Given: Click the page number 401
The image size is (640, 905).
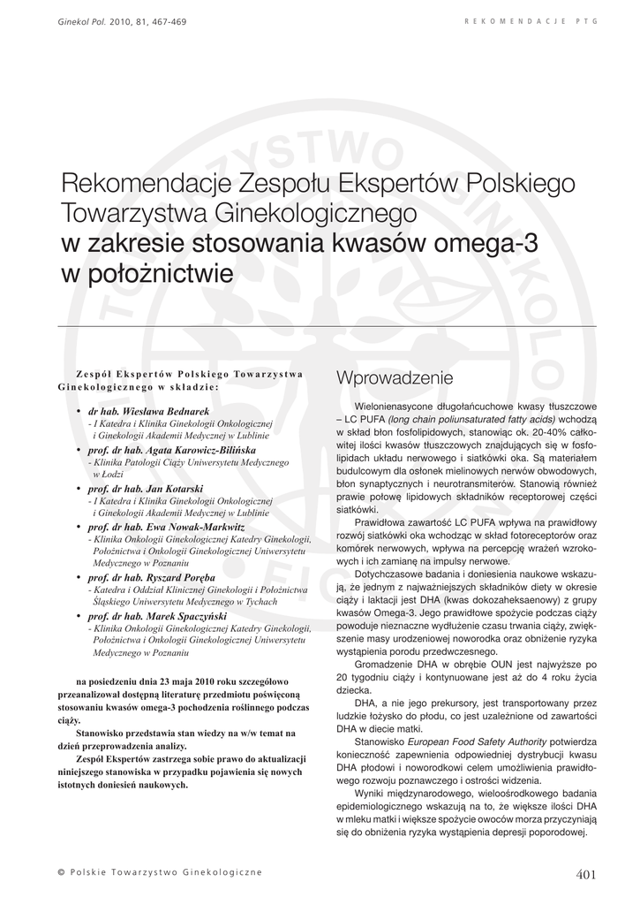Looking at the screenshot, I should coord(586,874).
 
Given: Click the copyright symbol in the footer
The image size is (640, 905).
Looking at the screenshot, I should coord(60,873).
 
